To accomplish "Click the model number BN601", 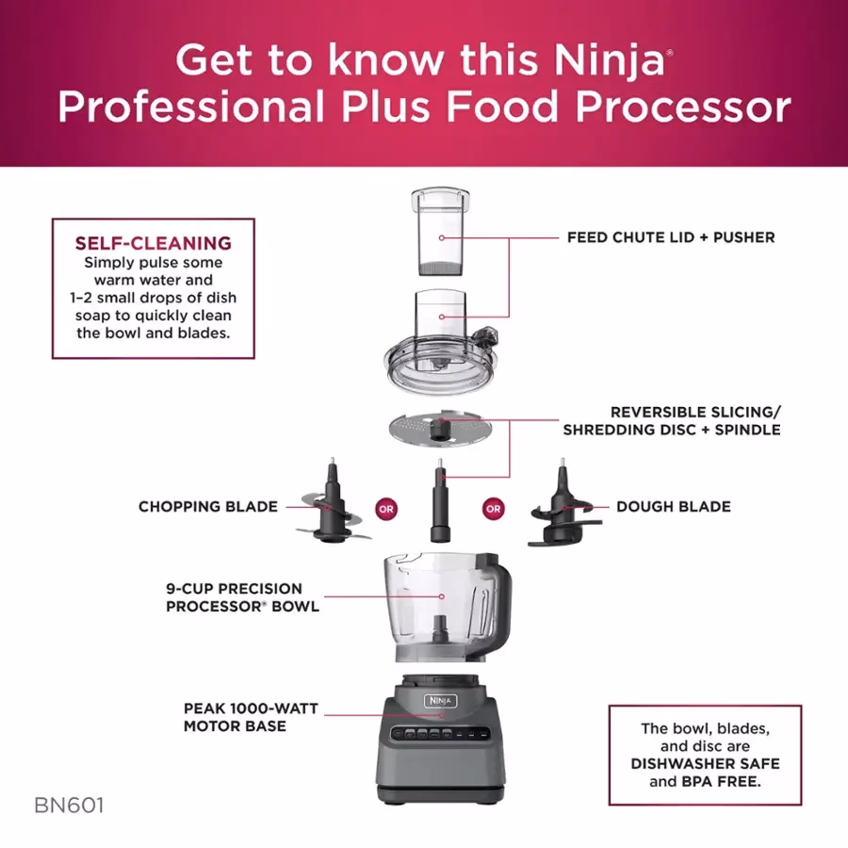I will tap(69, 807).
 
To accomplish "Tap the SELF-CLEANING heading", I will tap(153, 243).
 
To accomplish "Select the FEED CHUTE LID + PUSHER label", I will tap(671, 237).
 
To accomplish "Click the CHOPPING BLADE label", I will tap(208, 507).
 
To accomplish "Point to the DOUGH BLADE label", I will tap(674, 507).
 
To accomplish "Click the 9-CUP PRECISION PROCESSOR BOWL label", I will tap(242, 597).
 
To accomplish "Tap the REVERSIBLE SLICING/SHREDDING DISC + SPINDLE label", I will tap(672, 421).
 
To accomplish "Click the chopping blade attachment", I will tap(329, 509).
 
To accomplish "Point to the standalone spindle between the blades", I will tap(439, 504).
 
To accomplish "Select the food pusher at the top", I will tap(439, 230).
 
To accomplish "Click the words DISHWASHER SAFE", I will tap(705, 763).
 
